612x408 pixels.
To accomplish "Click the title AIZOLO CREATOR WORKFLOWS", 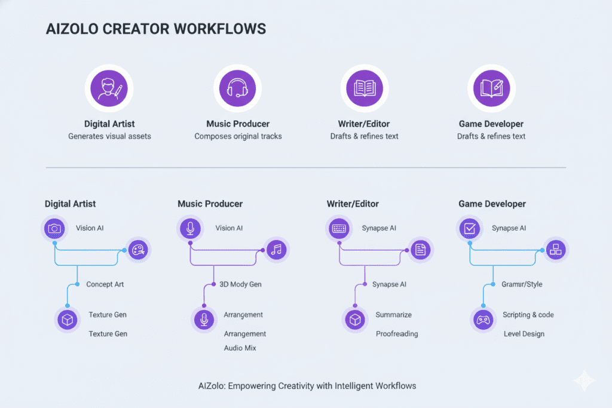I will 156,29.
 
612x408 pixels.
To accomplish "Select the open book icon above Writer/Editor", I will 364,88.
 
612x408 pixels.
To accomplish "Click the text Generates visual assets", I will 109,136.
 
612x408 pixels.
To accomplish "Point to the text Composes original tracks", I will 238,136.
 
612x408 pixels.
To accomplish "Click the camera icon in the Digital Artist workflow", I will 54,228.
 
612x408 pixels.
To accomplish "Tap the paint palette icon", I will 137,250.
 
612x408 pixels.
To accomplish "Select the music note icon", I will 276,250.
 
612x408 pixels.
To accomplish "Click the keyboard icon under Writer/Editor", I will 339,228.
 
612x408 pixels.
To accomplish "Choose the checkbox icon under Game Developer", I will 470,228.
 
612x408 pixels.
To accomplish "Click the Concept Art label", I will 105,284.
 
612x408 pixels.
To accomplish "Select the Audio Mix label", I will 240,348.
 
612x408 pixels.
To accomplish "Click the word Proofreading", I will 396,334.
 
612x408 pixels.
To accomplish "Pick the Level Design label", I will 524,334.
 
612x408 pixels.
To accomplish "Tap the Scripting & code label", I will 528,315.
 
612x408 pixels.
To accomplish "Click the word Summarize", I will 393,315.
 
